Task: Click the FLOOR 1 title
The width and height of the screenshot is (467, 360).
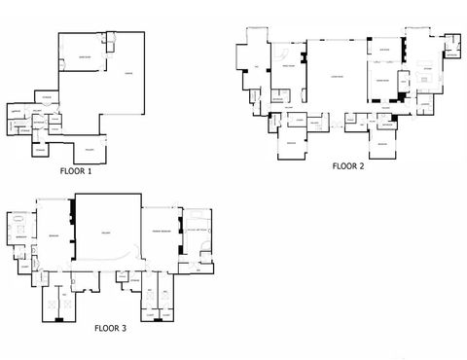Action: [75, 172]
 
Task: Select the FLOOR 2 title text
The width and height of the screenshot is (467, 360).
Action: [347, 166]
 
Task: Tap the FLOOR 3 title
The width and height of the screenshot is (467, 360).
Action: [110, 329]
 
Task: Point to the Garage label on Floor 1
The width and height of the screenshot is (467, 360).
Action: [128, 74]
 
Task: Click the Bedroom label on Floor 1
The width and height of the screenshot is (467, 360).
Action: [86, 57]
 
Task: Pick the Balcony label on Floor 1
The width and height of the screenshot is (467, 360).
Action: [89, 149]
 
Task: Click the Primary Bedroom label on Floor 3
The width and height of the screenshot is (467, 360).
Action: [160, 230]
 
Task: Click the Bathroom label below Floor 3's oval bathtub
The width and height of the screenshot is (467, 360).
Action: [19, 236]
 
